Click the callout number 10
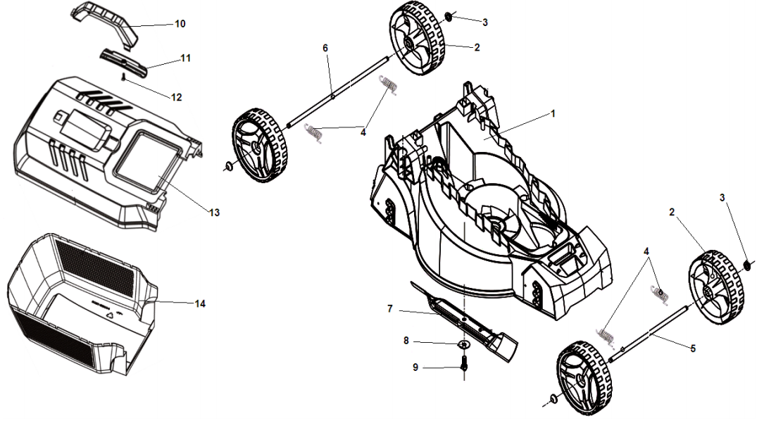(x=180, y=24)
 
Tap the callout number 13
(x=214, y=212)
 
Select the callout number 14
(x=200, y=304)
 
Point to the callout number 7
(x=389, y=309)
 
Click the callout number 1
(x=553, y=113)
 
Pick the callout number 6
(x=325, y=48)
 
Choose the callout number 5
(x=693, y=348)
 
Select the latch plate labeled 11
(x=124, y=61)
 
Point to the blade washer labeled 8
(x=463, y=344)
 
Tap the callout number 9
(x=415, y=367)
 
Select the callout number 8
(x=406, y=341)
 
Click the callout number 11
(x=185, y=58)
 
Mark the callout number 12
(x=176, y=97)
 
